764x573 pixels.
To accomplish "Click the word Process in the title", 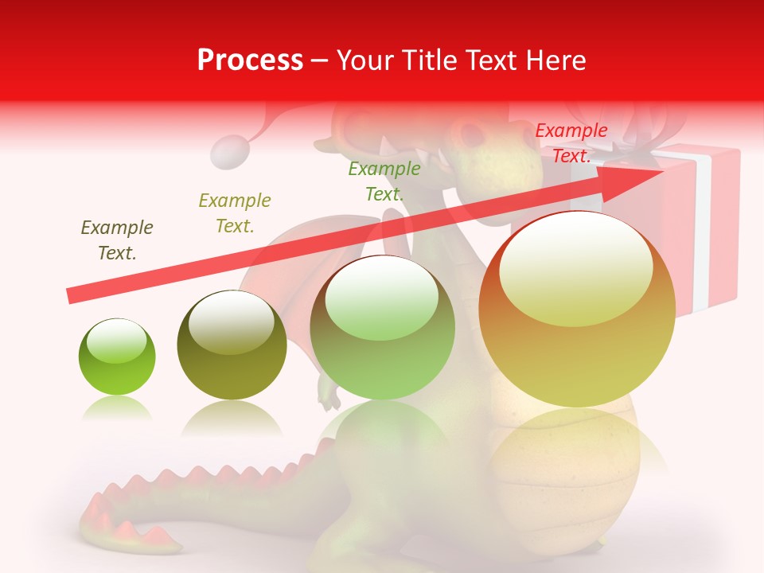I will [x=250, y=60].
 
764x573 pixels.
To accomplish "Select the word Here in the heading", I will [x=555, y=60].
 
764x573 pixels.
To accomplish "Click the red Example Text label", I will [x=571, y=143].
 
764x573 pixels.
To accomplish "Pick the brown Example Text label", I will [x=117, y=240].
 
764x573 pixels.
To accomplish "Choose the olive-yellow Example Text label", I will [x=235, y=212].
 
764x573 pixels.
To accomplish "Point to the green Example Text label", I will [x=384, y=181].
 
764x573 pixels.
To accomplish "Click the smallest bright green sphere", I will [x=117, y=357].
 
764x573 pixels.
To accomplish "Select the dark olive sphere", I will [x=232, y=345].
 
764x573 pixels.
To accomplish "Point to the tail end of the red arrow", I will [x=72, y=296].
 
